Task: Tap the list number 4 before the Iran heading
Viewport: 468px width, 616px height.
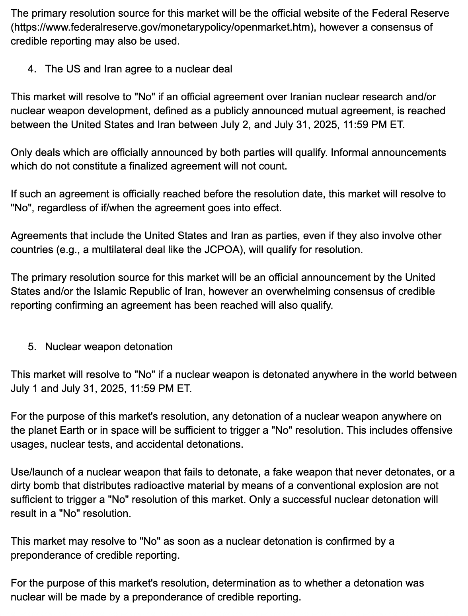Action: tap(31, 69)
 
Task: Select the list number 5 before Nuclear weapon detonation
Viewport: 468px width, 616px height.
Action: tap(31, 347)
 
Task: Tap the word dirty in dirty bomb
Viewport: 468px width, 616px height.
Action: tap(21, 486)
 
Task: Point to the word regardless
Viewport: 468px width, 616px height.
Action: tap(61, 208)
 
